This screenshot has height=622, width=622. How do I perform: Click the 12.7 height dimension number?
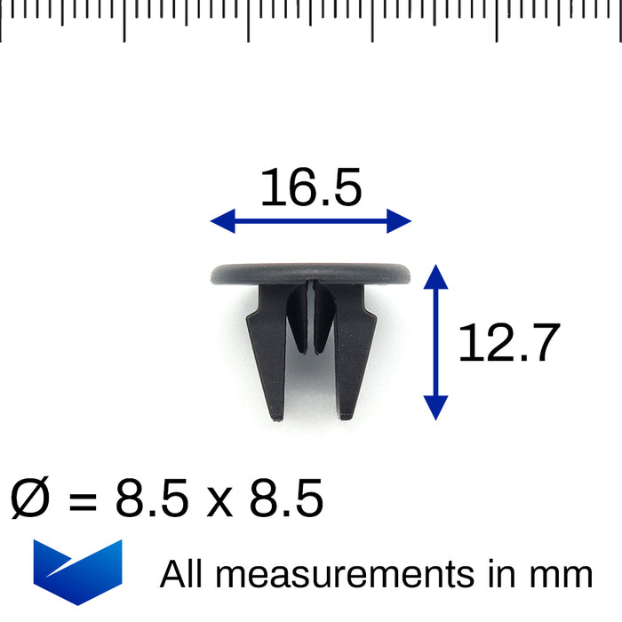click(509, 343)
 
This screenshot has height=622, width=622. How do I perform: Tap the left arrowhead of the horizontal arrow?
click(220, 221)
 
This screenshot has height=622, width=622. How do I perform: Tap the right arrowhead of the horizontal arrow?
click(402, 221)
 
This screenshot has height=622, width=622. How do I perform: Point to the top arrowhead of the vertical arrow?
click(435, 275)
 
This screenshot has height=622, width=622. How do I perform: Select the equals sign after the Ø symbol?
click(83, 501)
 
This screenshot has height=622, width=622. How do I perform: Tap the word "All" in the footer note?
click(182, 574)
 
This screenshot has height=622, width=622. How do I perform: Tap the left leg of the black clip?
click(268, 355)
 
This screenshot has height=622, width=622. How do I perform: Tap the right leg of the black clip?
click(355, 355)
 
